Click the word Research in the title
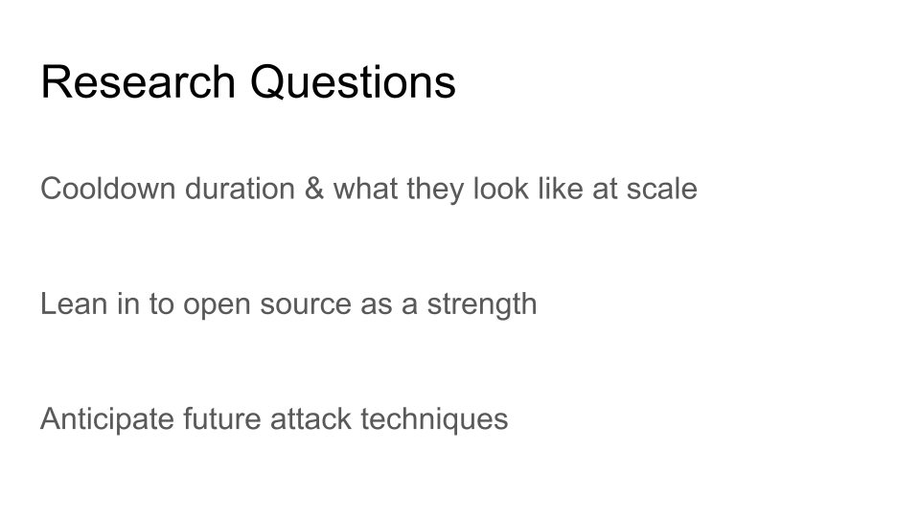(138, 82)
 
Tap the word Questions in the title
(354, 82)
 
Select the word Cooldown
(108, 189)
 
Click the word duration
(240, 189)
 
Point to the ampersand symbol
(314, 189)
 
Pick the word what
(365, 189)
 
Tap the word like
(561, 189)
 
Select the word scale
(662, 189)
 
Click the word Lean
(74, 304)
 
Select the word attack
(310, 419)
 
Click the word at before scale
(605, 190)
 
